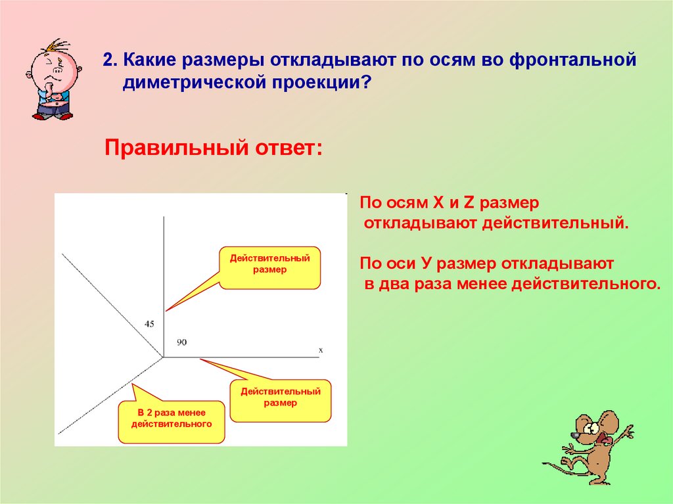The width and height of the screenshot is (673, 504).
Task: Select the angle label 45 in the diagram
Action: tap(149, 324)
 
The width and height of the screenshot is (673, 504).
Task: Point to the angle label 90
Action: tap(181, 342)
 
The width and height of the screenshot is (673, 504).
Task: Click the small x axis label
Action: tap(321, 350)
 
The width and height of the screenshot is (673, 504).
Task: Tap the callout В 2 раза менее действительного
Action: tap(172, 419)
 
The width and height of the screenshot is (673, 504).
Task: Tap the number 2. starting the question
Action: tap(110, 60)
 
